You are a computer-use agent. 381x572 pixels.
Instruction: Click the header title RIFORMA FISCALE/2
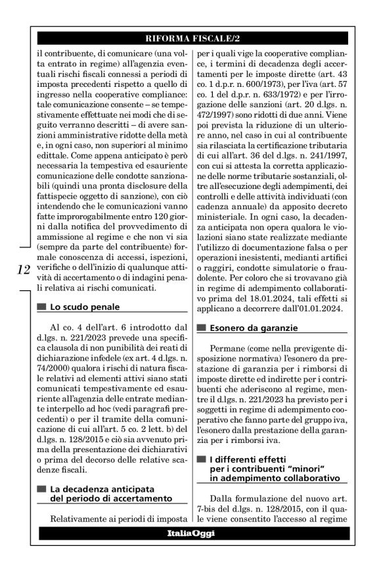[x=190, y=39]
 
